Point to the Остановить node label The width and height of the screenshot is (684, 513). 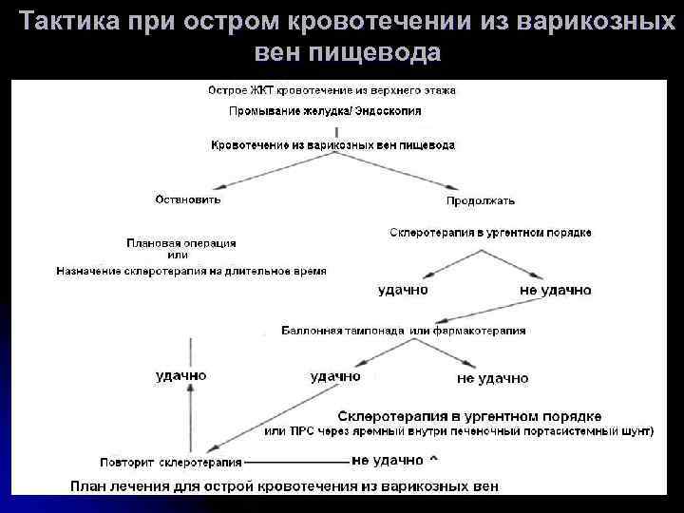tap(187, 199)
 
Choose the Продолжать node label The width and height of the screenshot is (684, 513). tap(481, 200)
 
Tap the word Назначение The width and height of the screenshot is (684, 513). tap(89, 271)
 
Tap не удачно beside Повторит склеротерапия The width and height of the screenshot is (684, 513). tap(387, 461)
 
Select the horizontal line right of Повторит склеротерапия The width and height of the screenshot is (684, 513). tap(295, 463)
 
